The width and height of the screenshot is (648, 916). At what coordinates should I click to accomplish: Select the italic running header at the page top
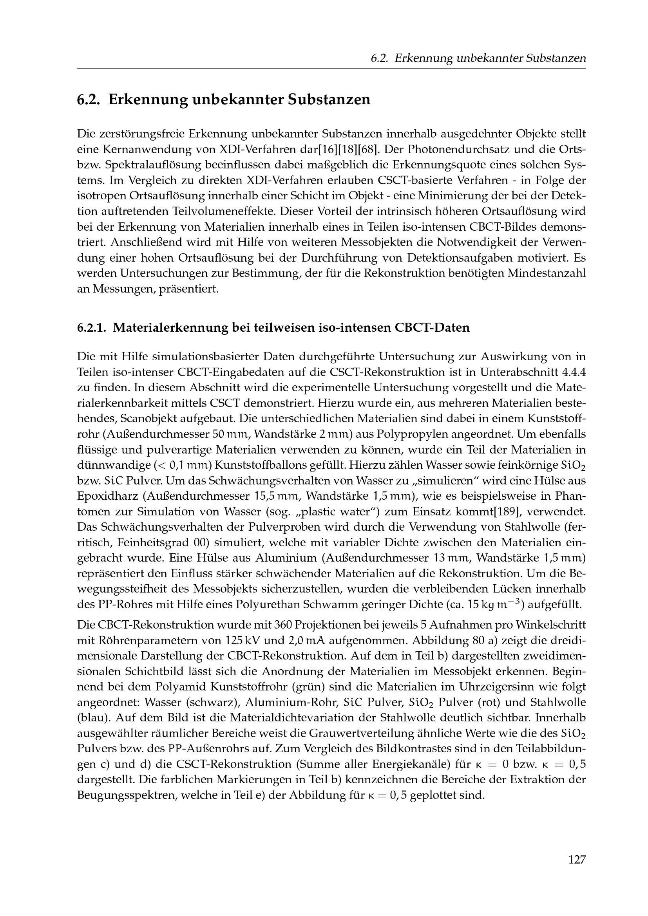click(478, 59)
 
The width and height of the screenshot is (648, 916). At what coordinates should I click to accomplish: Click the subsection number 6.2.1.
click(92, 327)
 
